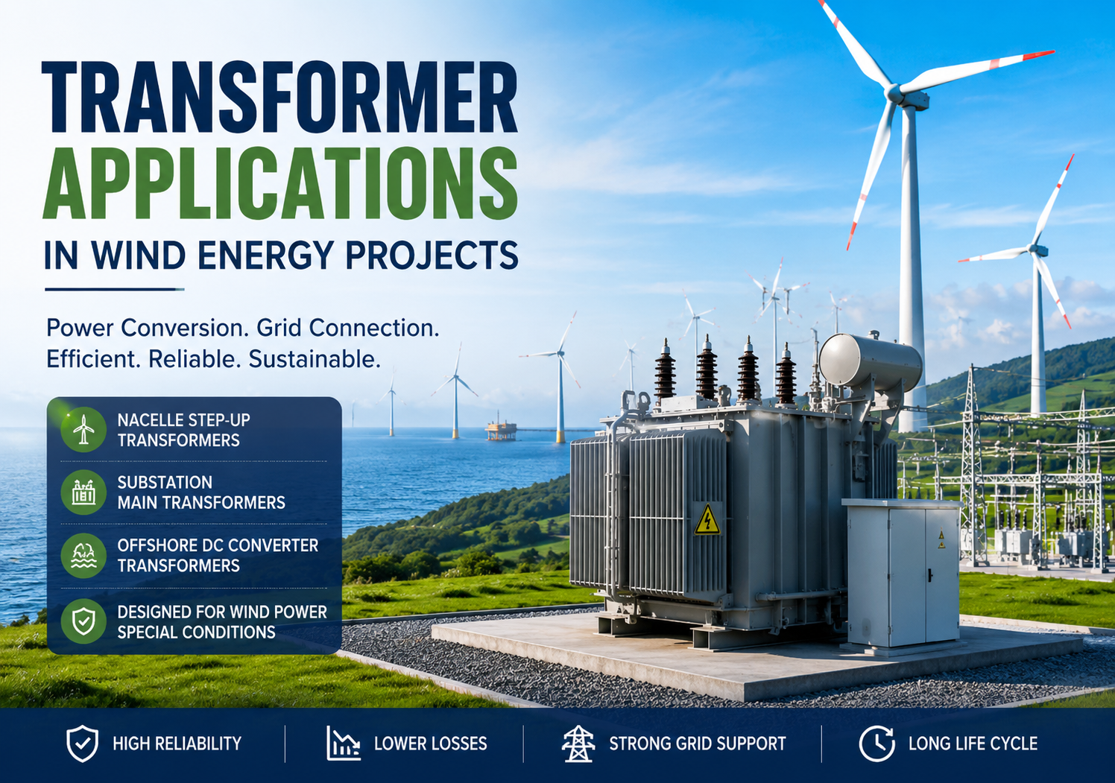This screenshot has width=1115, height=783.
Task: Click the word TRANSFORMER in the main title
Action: pyautogui.click(x=279, y=97)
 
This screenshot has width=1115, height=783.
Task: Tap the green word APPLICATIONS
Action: pyautogui.click(x=279, y=183)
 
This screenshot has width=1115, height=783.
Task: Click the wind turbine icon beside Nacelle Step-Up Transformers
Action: pyautogui.click(x=83, y=429)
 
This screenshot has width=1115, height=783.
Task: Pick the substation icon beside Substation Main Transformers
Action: pyautogui.click(x=83, y=492)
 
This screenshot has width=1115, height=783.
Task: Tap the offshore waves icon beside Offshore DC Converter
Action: pyautogui.click(x=83, y=555)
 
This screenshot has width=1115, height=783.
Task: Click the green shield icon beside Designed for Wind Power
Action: pyautogui.click(x=83, y=621)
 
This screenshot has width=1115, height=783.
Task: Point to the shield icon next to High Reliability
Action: pyautogui.click(x=82, y=744)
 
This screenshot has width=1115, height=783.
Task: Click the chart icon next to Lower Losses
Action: pyautogui.click(x=343, y=744)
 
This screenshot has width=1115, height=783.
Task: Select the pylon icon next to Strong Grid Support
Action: pyautogui.click(x=578, y=744)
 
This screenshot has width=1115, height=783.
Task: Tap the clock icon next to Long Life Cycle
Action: pyautogui.click(x=876, y=744)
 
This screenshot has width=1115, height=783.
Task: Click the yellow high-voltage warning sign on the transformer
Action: pyautogui.click(x=707, y=520)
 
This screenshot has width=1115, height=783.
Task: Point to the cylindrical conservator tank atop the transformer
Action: pyautogui.click(x=870, y=361)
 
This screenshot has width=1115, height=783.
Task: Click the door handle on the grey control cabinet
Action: pyautogui.click(x=930, y=574)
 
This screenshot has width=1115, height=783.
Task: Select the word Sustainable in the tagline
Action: pyautogui.click(x=315, y=359)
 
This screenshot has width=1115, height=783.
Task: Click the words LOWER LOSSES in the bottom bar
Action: pyautogui.click(x=431, y=744)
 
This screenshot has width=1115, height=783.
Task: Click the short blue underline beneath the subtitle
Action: pyautogui.click(x=115, y=289)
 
